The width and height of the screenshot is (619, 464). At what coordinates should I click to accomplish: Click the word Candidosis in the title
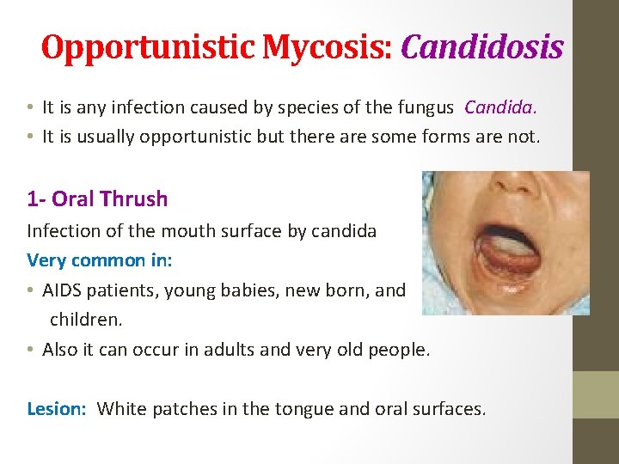(x=481, y=47)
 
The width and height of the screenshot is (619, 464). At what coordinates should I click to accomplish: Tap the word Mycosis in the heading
(x=327, y=47)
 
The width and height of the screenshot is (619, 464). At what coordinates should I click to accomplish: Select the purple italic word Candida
(x=500, y=107)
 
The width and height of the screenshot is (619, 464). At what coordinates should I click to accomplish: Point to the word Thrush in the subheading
(x=133, y=199)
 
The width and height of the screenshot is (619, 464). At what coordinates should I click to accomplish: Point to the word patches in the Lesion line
(x=181, y=409)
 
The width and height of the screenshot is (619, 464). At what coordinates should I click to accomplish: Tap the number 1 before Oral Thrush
(x=33, y=199)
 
